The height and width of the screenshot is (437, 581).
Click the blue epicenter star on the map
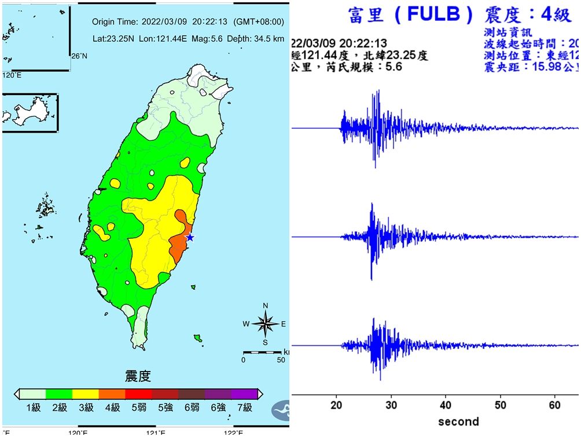(189, 237)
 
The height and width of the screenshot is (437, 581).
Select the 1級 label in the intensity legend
(33, 407)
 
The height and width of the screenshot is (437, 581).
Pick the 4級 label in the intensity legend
(112, 407)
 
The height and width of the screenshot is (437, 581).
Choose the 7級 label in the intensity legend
(245, 407)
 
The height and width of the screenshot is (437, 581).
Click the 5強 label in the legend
(166, 407)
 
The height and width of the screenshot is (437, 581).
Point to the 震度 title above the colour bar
(138, 377)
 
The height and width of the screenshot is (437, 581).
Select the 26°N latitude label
(79, 56)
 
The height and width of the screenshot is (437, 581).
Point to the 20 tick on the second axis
(337, 404)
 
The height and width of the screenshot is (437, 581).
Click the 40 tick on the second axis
(446, 404)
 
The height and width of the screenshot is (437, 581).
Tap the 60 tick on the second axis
(554, 404)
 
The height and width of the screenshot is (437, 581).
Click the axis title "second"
(458, 421)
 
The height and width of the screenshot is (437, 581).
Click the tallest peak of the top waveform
(378, 92)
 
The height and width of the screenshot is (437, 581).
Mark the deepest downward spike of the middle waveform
(371, 279)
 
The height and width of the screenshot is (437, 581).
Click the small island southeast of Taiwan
(197, 338)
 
